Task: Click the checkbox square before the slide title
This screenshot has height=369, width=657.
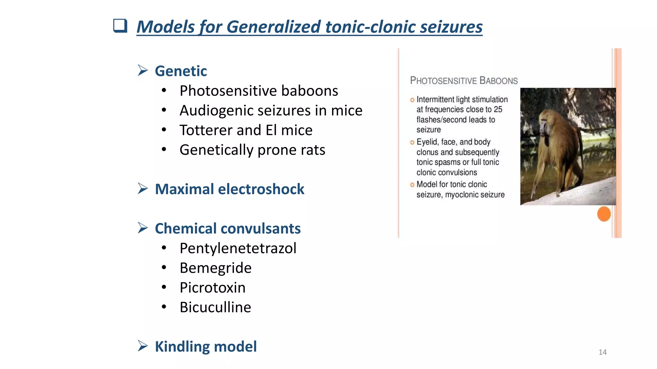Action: pyautogui.click(x=120, y=26)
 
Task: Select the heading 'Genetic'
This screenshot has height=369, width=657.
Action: pyautogui.click(x=181, y=71)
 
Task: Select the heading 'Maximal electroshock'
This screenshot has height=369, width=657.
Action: pyautogui.click(x=229, y=189)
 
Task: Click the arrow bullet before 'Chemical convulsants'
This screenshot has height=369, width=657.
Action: pyautogui.click(x=143, y=228)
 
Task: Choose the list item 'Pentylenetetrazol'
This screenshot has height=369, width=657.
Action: pyautogui.click(x=238, y=248)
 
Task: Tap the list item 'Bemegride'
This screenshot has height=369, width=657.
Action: pyautogui.click(x=215, y=268)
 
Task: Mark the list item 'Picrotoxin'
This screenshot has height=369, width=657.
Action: pyautogui.click(x=212, y=288)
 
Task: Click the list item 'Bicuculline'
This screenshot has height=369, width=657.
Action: pyautogui.click(x=215, y=307)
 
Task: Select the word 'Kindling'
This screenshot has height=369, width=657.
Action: pyautogui.click(x=182, y=347)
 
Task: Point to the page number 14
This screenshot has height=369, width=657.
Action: pyautogui.click(x=602, y=352)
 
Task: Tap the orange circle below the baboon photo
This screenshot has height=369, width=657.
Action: pyautogui.click(x=604, y=214)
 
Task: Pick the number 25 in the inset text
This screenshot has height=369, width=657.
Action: pyautogui.click(x=498, y=110)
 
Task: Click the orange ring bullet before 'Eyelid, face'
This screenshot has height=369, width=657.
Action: pyautogui.click(x=412, y=143)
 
